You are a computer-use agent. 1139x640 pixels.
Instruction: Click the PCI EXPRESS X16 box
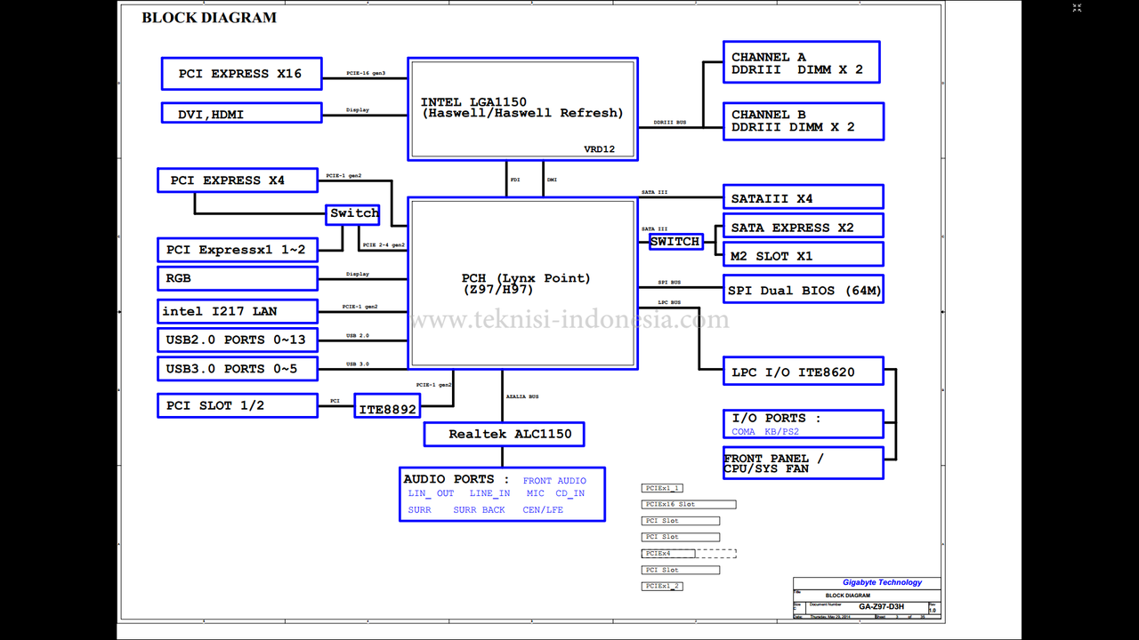click(x=240, y=74)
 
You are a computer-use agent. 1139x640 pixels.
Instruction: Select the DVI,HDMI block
click(x=240, y=113)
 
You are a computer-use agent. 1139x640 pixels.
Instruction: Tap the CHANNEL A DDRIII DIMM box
click(x=801, y=63)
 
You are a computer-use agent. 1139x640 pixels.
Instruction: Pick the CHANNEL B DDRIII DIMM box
click(x=804, y=121)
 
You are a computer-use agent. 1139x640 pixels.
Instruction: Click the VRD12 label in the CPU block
click(x=599, y=149)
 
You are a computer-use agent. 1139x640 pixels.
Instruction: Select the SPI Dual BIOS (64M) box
click(x=804, y=290)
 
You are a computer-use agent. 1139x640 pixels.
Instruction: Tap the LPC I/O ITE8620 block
click(x=804, y=372)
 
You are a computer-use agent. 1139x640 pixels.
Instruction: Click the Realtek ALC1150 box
click(x=504, y=434)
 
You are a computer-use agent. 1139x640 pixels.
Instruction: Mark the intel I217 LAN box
click(x=238, y=311)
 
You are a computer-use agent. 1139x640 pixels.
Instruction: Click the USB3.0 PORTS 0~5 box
click(x=238, y=368)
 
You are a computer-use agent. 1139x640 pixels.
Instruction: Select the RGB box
click(x=238, y=278)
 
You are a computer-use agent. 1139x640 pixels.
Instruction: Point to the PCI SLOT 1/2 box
click(x=238, y=405)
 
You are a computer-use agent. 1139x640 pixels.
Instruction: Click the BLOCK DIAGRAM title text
click(x=209, y=18)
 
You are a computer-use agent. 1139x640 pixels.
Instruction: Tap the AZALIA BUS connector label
click(x=522, y=396)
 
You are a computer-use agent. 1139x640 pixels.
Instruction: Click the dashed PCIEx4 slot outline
click(x=690, y=553)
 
